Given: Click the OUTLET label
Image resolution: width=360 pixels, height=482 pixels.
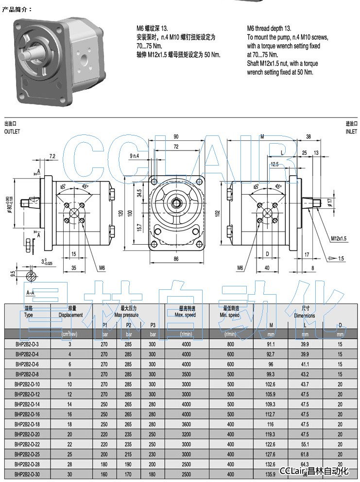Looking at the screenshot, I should (x=12, y=132).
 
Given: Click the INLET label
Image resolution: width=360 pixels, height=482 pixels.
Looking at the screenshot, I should (x=351, y=132).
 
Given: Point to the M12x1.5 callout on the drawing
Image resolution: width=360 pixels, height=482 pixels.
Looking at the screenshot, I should (x=339, y=238).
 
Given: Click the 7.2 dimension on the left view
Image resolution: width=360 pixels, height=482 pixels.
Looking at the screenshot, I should (x=52, y=156).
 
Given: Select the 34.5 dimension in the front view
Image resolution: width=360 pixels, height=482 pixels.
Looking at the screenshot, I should (x=139, y=193).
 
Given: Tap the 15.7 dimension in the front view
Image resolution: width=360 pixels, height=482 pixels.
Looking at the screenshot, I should (x=139, y=226).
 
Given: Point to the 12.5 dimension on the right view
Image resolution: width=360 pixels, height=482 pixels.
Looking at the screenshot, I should (x=274, y=165).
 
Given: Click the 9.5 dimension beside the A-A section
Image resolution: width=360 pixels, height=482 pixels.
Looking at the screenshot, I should (x=13, y=274).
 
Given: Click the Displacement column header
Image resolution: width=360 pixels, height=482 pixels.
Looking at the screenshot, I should (x=71, y=315).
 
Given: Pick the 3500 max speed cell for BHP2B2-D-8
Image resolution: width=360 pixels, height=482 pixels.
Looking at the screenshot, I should (x=186, y=374).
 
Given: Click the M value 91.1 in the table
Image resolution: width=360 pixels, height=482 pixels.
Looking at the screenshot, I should (x=271, y=344).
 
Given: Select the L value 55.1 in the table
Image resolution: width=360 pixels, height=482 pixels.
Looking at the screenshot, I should (x=305, y=444).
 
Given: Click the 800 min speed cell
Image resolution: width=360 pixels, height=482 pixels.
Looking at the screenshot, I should (x=230, y=344).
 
